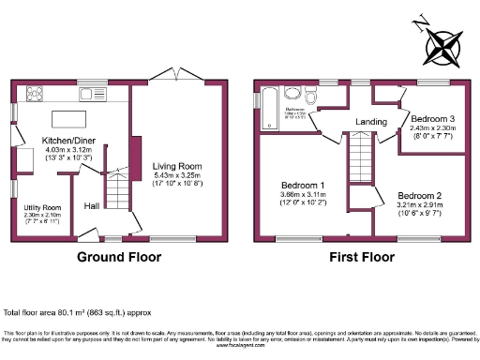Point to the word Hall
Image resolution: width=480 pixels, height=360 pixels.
click(92, 206)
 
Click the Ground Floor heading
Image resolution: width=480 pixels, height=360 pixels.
click(117, 256)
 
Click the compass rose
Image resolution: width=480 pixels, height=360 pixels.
click(443, 44)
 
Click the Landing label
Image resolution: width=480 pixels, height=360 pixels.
click(371, 122)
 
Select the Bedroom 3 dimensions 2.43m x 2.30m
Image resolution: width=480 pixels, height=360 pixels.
click(432, 130)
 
